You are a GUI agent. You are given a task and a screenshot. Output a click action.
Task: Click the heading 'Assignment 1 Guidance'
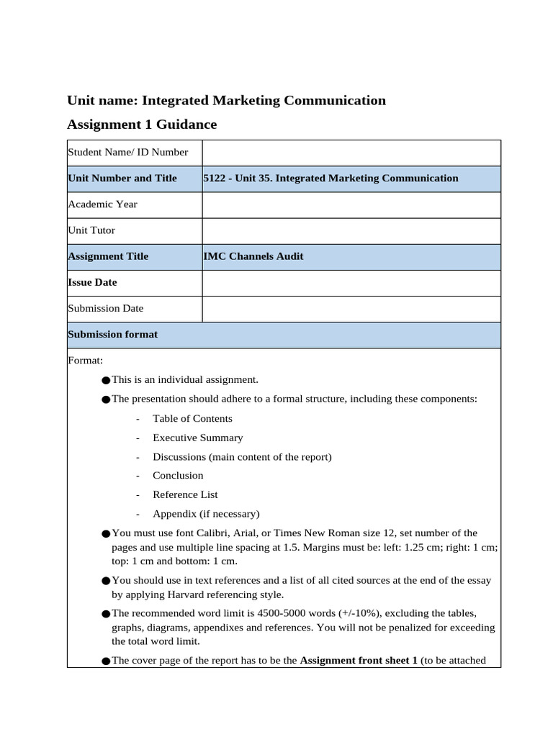tap(142, 125)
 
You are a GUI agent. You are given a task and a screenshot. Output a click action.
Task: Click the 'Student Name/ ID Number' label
tap(127, 152)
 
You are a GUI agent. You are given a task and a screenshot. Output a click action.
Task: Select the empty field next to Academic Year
tap(351, 204)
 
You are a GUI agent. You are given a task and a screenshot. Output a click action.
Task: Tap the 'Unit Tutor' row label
tap(91, 230)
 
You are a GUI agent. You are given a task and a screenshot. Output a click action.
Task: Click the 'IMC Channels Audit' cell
tap(253, 256)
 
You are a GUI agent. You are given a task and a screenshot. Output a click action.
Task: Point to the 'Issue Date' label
tap(92, 282)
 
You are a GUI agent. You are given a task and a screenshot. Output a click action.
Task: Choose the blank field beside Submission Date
tap(351, 309)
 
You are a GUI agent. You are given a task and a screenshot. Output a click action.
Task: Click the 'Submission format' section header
tap(113, 335)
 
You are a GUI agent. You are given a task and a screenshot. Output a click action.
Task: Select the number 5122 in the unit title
tap(215, 178)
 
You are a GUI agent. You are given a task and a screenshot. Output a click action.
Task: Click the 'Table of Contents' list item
tap(192, 419)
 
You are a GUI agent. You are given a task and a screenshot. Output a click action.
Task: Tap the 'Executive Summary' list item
tap(197, 438)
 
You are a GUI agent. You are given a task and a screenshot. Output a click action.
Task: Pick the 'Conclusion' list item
tap(178, 476)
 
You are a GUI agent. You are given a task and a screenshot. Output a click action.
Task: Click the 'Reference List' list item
tap(185, 494)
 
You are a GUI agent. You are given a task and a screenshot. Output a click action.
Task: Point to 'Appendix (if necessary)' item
tap(206, 514)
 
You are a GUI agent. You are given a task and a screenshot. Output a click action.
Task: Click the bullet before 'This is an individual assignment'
tap(107, 380)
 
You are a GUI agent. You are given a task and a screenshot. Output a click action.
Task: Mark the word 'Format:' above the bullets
tap(85, 360)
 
